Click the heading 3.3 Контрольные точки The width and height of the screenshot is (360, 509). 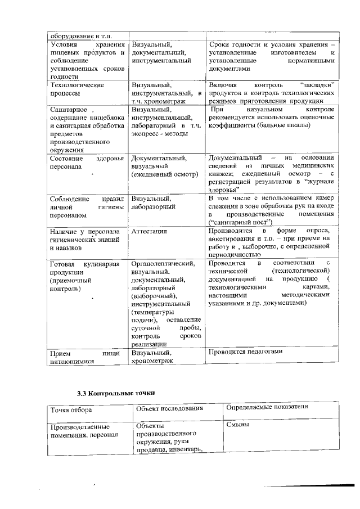115,392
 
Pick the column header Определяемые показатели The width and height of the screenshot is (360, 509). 267,407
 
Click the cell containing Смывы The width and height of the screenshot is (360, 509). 237,425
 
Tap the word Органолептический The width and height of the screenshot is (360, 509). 163,263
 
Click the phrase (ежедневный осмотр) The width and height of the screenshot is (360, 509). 164,174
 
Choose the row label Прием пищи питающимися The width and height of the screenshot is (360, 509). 81,358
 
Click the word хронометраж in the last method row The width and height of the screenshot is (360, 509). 151,361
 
